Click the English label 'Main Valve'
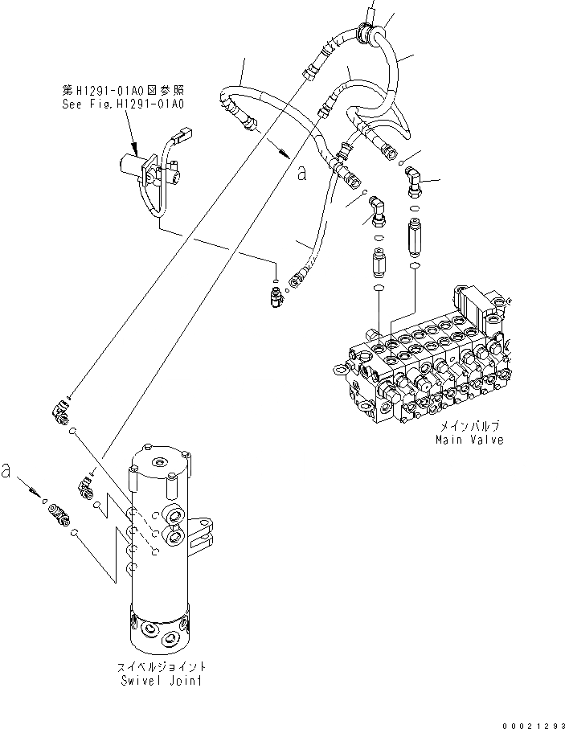click(469, 440)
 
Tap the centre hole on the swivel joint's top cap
click(160, 461)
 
